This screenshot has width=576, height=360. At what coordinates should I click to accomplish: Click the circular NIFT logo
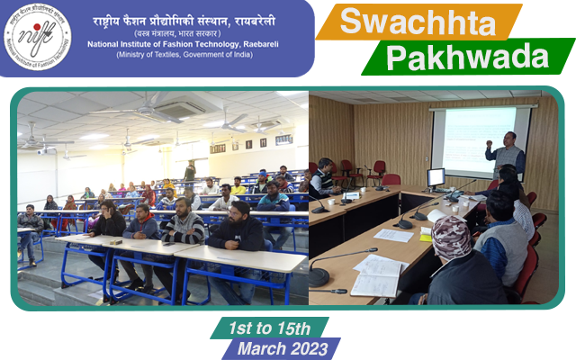(x=37, y=38)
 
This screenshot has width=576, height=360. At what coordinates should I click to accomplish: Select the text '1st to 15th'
(x=270, y=328)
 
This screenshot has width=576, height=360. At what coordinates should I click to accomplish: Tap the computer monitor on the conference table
(x=436, y=178)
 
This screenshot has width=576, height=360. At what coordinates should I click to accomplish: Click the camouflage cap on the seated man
(x=450, y=237)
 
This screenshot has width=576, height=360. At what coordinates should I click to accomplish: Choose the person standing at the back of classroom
(x=190, y=170)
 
